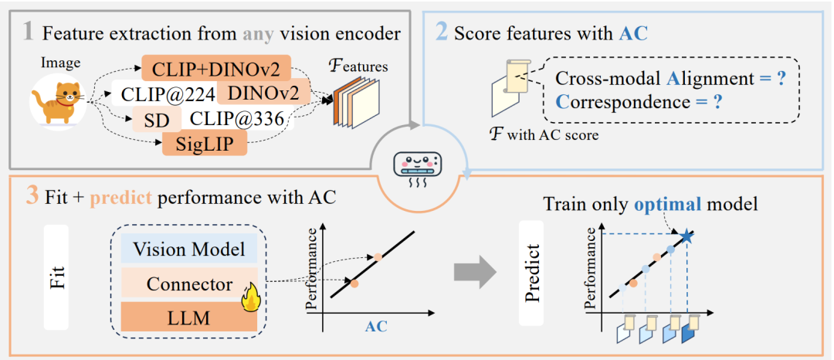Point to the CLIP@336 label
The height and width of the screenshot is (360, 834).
click(237, 119)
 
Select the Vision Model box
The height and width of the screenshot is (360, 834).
click(190, 249)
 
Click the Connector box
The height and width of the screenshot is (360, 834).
click(190, 284)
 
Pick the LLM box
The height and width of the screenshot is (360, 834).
click(190, 317)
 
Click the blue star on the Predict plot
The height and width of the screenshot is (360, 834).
click(685, 235)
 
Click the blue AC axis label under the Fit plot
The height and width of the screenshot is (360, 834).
click(375, 326)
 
